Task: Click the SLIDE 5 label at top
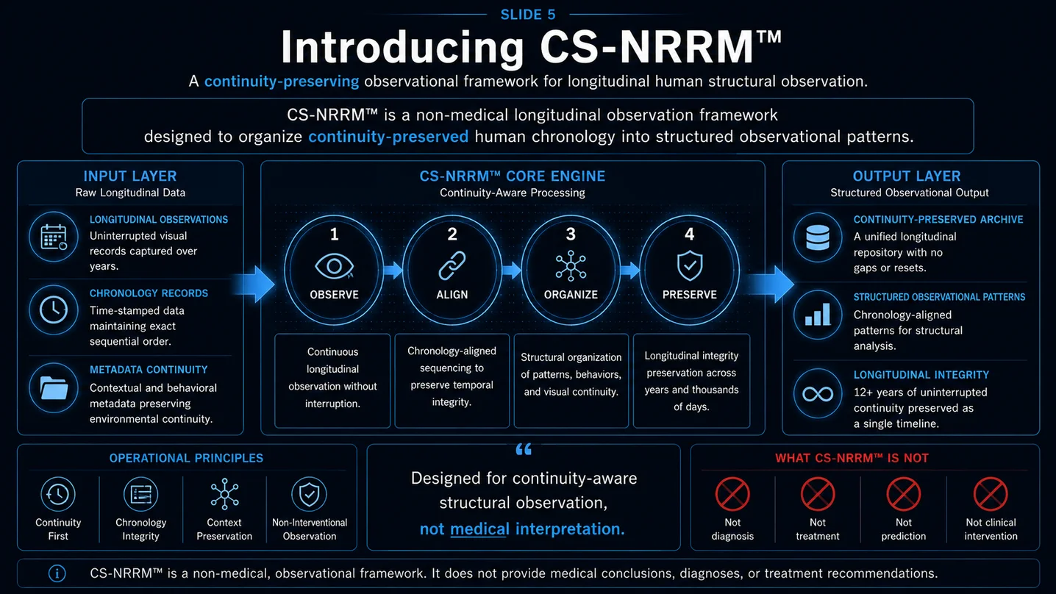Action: click(527, 15)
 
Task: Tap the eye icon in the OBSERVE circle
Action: click(334, 266)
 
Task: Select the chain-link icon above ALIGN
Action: click(452, 266)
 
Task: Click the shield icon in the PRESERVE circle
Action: click(690, 265)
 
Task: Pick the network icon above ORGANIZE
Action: click(571, 266)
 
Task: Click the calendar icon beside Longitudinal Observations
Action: click(53, 237)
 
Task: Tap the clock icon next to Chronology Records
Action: click(53, 310)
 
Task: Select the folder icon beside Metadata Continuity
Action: click(53, 388)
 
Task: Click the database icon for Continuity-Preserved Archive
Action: click(818, 237)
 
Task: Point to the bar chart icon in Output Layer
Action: click(818, 315)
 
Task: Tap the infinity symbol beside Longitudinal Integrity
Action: click(818, 393)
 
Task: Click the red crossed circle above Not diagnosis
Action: click(732, 494)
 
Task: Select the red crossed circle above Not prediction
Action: click(903, 494)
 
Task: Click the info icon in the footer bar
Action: click(57, 573)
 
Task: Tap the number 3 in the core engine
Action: click(571, 235)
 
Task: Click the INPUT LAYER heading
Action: click(130, 176)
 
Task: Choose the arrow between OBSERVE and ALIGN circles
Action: click(393, 270)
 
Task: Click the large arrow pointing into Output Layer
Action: click(771, 285)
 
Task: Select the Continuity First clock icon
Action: click(58, 494)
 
